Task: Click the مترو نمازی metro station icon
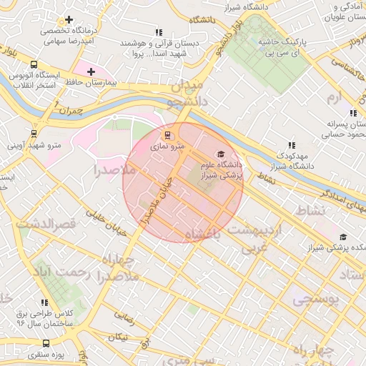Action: tap(168, 134)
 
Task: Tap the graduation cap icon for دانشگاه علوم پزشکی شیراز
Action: tap(221, 154)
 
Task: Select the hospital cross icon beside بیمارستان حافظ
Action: tap(91, 71)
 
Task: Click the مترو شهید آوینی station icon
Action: tap(34, 133)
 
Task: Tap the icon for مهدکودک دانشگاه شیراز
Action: tap(290, 145)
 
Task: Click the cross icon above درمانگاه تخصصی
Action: tap(69, 20)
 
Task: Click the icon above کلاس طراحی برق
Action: tap(44, 303)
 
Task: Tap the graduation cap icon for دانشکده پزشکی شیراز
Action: tap(343, 237)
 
